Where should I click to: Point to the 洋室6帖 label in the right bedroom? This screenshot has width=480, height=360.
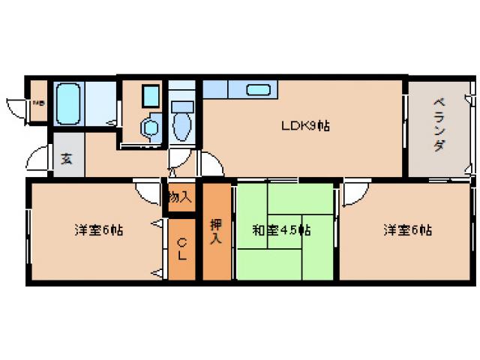click(x=406, y=230)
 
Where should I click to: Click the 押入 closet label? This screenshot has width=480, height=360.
click(x=216, y=231)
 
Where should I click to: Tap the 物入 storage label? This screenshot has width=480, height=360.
click(x=180, y=198)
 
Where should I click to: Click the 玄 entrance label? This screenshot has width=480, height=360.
click(x=67, y=160)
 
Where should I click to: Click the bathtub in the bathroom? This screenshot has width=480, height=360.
click(x=68, y=104)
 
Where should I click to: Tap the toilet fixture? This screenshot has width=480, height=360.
click(x=182, y=124)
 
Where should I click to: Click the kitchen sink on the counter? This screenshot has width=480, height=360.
click(x=259, y=90)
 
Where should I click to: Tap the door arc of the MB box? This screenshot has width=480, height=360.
click(x=16, y=106)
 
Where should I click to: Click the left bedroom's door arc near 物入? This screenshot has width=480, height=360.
click(x=147, y=192)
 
